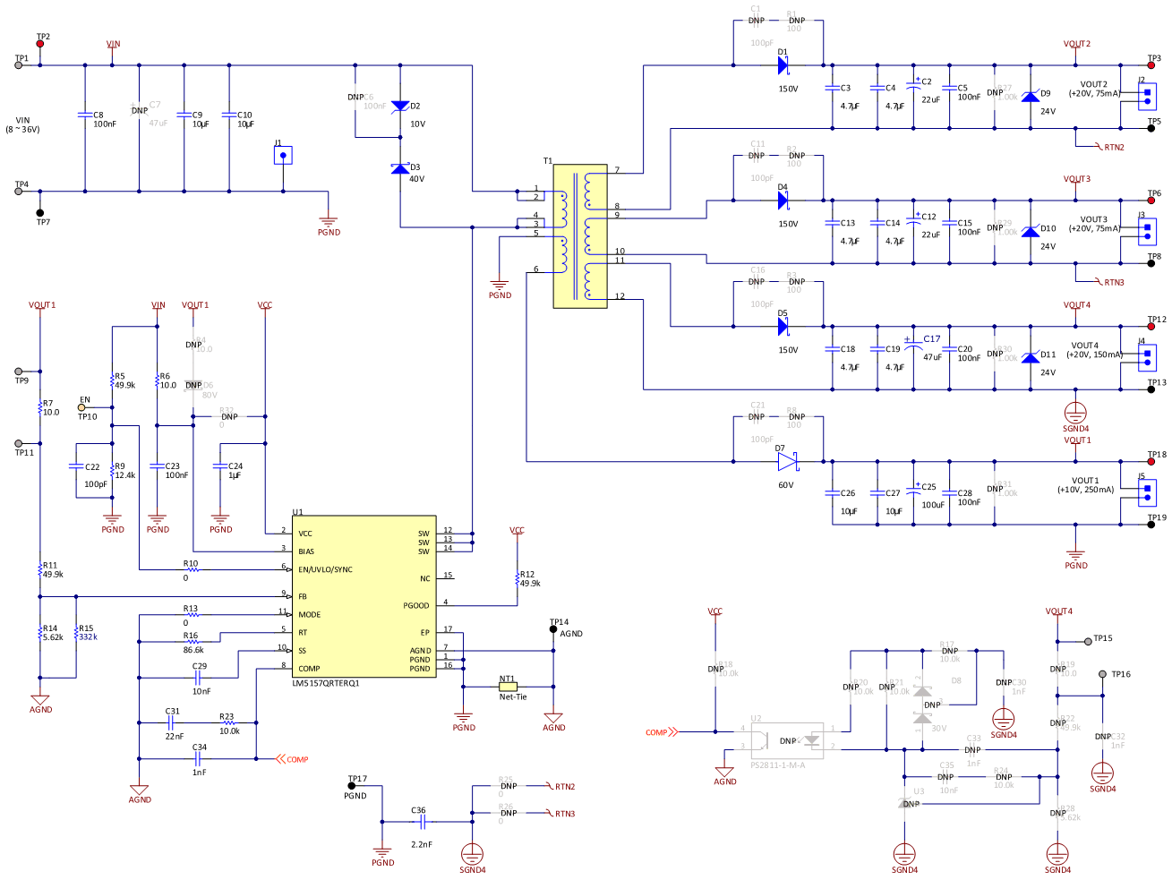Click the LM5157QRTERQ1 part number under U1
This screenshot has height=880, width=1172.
click(x=326, y=683)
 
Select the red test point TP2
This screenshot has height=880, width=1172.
click(x=40, y=44)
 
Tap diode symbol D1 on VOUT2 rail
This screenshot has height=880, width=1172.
click(x=783, y=64)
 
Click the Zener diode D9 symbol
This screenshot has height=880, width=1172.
click(x=1031, y=95)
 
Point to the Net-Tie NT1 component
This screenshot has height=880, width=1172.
click(x=508, y=687)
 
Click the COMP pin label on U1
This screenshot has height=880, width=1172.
click(x=309, y=669)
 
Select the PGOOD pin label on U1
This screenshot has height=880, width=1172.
click(x=416, y=606)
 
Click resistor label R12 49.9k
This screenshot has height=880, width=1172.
click(x=529, y=579)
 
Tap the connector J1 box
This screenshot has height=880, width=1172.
click(x=283, y=156)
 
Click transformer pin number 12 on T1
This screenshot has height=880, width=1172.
click(x=620, y=296)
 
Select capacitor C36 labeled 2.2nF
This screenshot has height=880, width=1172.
click(x=419, y=821)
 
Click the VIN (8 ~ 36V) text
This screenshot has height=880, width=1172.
click(x=23, y=124)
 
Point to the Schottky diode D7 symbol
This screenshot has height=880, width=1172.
click(x=787, y=462)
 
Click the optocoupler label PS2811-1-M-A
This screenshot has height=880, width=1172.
click(x=777, y=765)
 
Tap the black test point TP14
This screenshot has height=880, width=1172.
click(x=552, y=629)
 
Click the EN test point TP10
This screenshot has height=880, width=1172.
click(x=81, y=408)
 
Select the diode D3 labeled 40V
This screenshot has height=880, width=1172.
click(x=400, y=168)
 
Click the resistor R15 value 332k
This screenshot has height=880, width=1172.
click(x=88, y=637)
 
